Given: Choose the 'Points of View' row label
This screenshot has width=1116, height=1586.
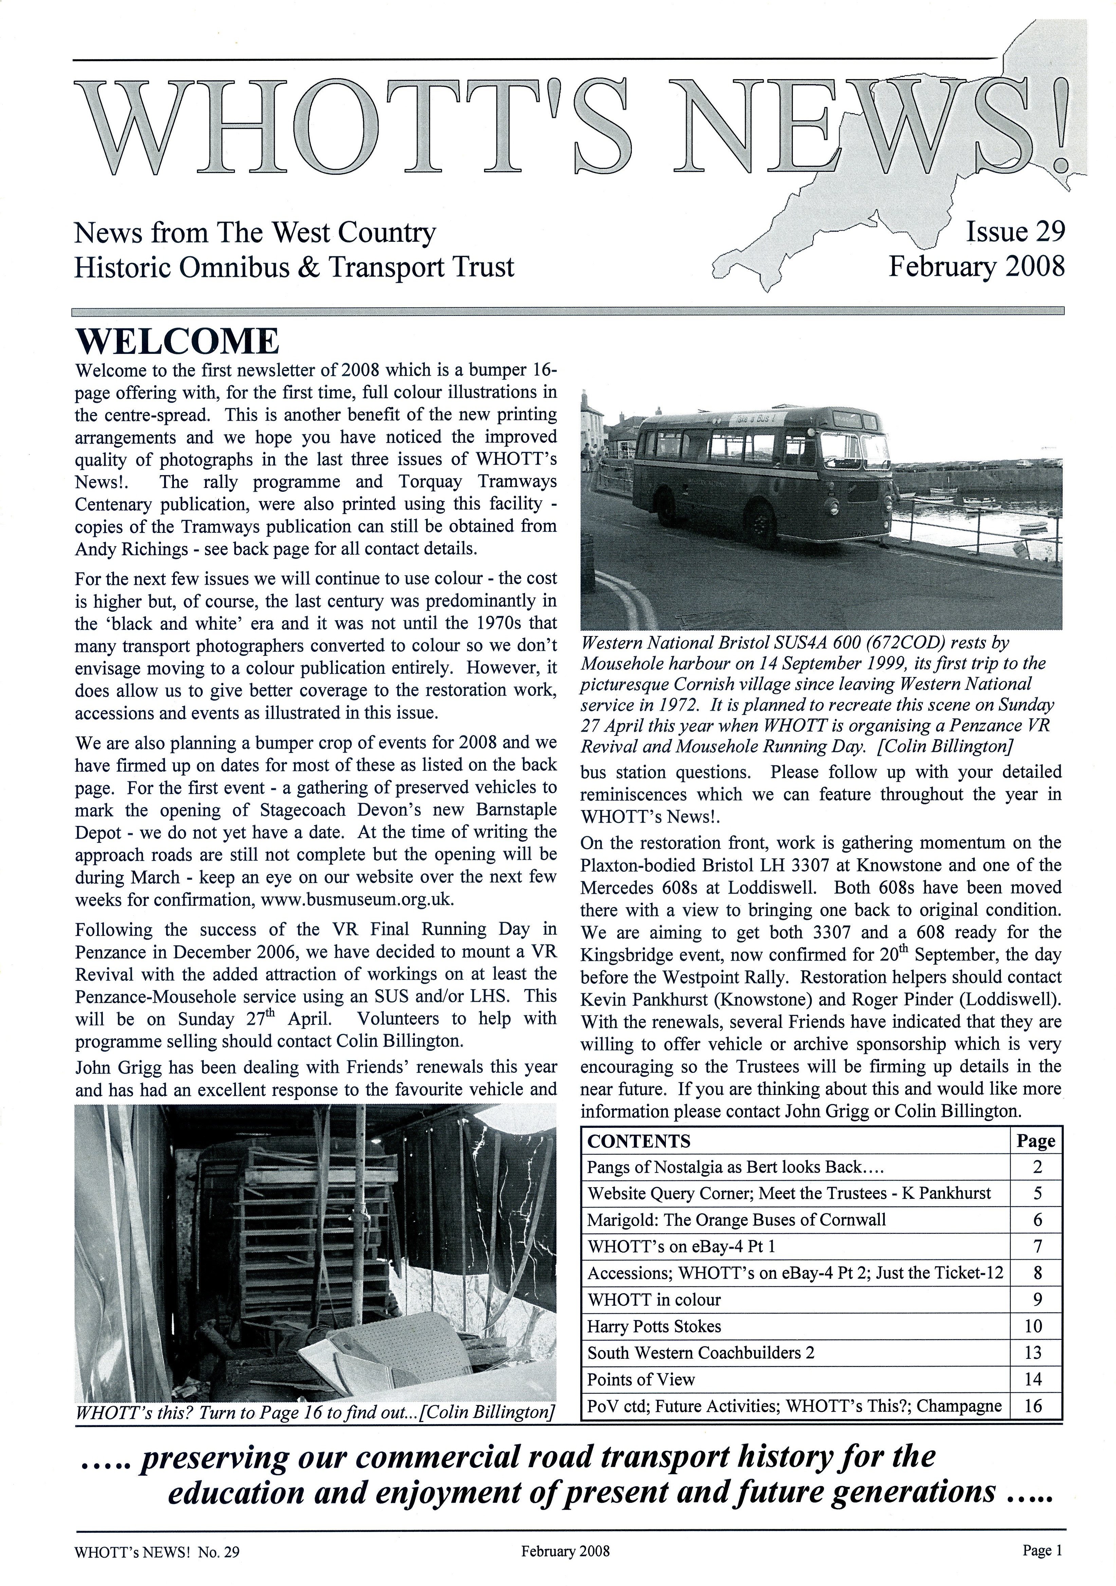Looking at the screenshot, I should pyautogui.click(x=641, y=1380).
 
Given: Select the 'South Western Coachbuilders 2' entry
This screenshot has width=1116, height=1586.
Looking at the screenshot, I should pyautogui.click(x=701, y=1353).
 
